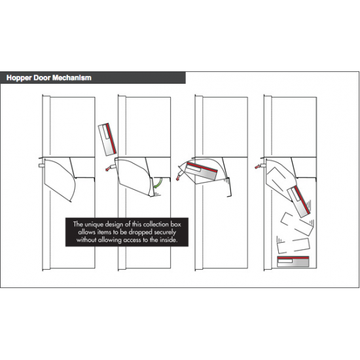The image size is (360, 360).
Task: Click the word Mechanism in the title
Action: tap(70, 78)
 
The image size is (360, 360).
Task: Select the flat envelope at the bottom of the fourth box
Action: tap(293, 262)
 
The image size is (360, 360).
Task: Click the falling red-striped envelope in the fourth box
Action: tap(299, 200)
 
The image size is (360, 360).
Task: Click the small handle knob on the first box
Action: tap(41, 166)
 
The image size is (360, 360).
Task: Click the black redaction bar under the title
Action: tap(90, 88)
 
